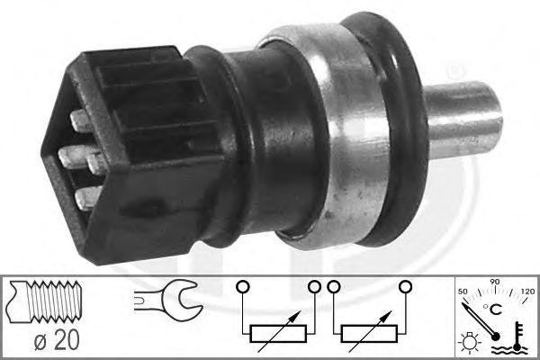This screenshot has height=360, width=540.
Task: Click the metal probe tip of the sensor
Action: click(463, 120)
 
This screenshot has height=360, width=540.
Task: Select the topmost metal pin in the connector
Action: click(80, 121)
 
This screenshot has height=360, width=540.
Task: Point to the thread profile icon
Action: click(45, 301)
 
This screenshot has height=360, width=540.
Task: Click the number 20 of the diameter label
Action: click(67, 340)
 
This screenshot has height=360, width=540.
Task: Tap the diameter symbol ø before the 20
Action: click(40, 341)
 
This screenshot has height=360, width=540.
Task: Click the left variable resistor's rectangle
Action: click(278, 334)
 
